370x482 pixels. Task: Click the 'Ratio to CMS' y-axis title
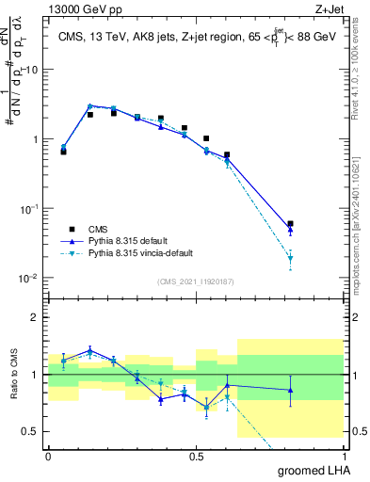click(13, 375)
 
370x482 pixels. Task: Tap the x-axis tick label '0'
click(48, 456)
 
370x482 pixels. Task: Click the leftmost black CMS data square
click(63, 151)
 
